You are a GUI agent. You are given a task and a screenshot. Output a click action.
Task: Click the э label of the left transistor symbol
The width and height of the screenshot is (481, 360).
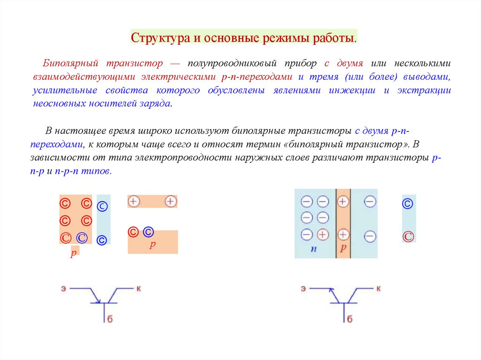point(62,288)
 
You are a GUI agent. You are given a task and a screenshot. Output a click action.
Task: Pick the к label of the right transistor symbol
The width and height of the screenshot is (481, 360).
point(379,288)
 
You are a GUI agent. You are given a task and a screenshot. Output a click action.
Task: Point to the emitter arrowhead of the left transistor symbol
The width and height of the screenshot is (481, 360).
point(98,301)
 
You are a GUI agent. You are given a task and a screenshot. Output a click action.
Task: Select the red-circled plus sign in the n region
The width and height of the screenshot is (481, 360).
point(323,234)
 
